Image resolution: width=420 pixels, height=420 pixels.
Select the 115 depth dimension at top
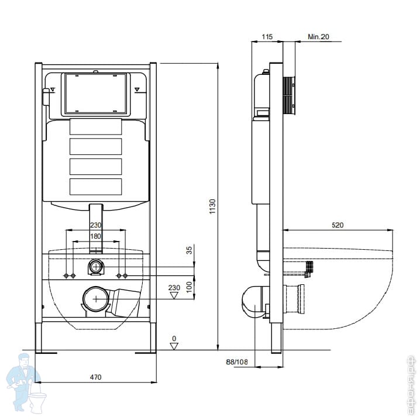[x=267, y=36]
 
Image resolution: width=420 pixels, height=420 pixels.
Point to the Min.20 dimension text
[x=319, y=36]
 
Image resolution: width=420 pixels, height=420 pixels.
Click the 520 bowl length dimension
[x=337, y=224]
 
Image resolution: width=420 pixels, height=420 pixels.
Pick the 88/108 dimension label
[x=237, y=363]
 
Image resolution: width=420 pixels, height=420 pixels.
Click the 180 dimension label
[x=96, y=236]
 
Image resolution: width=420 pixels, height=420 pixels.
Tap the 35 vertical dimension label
[x=189, y=251]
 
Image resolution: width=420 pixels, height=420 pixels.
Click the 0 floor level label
[x=174, y=339]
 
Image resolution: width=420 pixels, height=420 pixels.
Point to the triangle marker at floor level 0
[x=174, y=346]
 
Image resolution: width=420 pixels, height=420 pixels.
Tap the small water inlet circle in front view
[x=96, y=267]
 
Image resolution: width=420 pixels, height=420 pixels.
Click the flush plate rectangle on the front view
[x=95, y=94]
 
